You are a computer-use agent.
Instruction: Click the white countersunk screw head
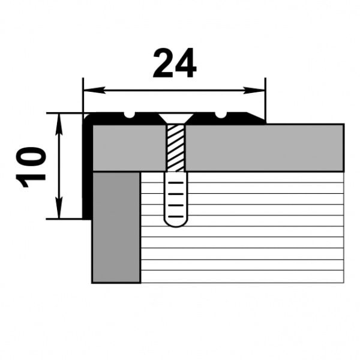176,119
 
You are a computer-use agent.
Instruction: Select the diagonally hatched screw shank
176,148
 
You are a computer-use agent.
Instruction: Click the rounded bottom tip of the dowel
176,222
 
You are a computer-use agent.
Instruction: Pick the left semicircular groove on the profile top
130,115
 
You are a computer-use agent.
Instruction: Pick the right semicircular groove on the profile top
221,115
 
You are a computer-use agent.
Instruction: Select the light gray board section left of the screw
128,148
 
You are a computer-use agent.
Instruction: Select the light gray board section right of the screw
264,148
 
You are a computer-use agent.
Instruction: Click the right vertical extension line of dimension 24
264,99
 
